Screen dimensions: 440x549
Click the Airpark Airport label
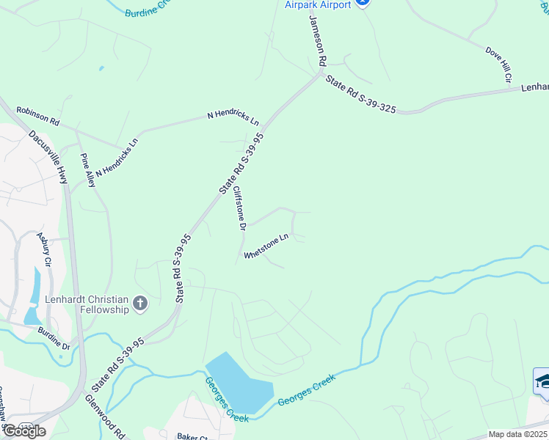pyautogui.click(x=317, y=4)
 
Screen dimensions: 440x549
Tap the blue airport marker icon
pyautogui.click(x=362, y=3)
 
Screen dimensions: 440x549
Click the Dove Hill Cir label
pyautogui.click(x=498, y=63)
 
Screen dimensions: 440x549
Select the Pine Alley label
pyautogui.click(x=88, y=170)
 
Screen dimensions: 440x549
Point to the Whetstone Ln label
pyautogui.click(x=266, y=246)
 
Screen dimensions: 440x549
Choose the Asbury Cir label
pyautogui.click(x=44, y=249)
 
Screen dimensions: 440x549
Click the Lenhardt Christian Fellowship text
pyautogui.click(x=86, y=304)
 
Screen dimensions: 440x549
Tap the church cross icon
pyautogui.click(x=140, y=302)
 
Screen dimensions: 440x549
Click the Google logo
pyautogui.click(x=23, y=431)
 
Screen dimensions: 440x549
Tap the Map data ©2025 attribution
pyautogui.click(x=517, y=434)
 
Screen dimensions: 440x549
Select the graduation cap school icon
pyautogui.click(x=542, y=381)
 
